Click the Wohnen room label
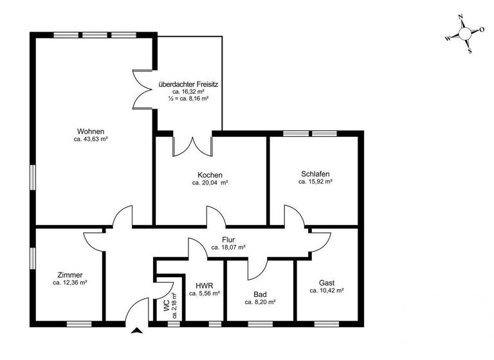coord(90,131)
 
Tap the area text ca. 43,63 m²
coord(90,139)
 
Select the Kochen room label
coord(210,175)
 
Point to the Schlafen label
coord(315,174)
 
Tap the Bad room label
coord(260,294)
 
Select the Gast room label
coord(327,282)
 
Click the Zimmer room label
coord(69,274)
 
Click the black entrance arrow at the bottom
coord(136,331)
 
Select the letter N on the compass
coord(461,17)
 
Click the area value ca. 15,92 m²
coord(315,182)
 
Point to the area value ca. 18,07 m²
coord(228,247)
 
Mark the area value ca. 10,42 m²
coord(327,291)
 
